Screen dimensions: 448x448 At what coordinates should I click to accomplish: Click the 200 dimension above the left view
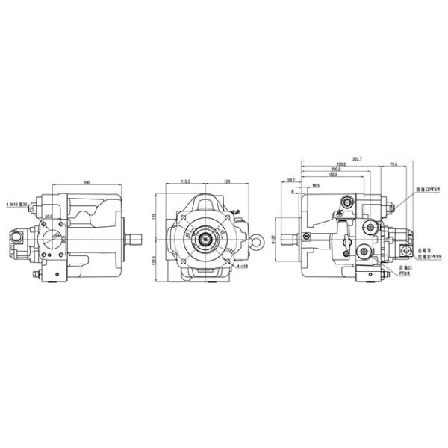click(x=87, y=183)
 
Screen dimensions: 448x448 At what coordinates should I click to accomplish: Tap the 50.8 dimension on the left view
click(x=49, y=217)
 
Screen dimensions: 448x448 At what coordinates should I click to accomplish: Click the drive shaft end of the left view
click(x=135, y=240)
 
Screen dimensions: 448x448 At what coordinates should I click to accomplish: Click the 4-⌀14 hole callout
click(x=241, y=266)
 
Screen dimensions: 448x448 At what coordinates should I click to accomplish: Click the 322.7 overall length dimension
click(x=357, y=158)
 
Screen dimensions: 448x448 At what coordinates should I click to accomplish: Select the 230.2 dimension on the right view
click(x=340, y=164)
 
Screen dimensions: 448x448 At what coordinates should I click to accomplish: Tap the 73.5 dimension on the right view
click(x=393, y=164)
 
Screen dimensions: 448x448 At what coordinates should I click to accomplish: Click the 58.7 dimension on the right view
click(x=290, y=180)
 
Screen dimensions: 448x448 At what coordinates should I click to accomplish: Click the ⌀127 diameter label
click(x=274, y=240)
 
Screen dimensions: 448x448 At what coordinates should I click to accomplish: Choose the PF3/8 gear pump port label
click(x=429, y=256)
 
